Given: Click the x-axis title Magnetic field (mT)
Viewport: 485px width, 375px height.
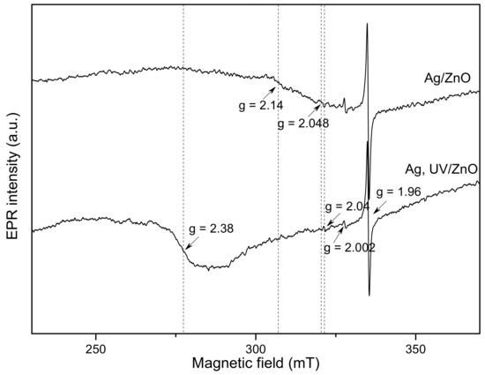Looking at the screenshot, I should click(x=255, y=364).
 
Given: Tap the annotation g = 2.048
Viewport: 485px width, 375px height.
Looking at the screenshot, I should click(x=302, y=123).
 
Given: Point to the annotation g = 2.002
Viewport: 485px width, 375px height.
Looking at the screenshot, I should click(x=349, y=248).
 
